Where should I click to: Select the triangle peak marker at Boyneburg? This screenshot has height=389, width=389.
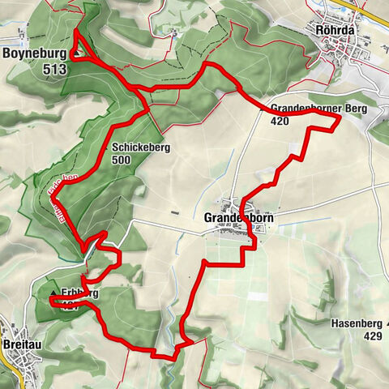click(x=75, y=55)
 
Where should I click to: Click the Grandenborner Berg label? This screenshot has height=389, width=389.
click(x=318, y=108)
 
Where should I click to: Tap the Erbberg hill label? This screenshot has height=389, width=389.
click(x=82, y=293)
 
